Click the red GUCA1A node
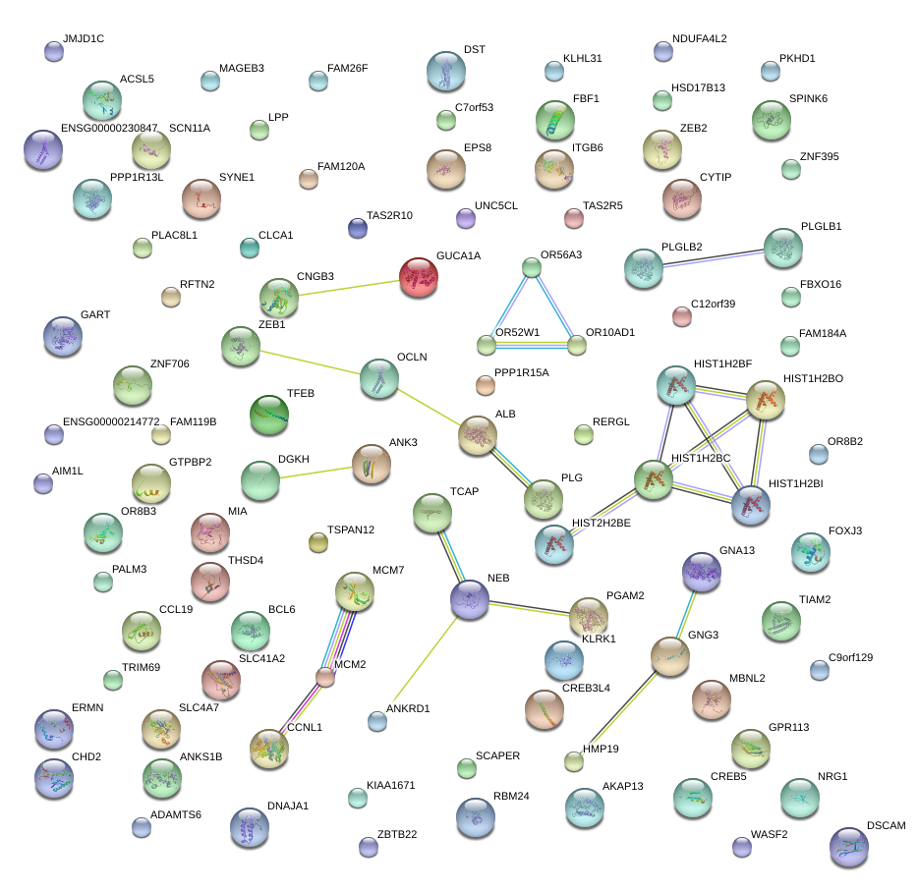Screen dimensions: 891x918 [x=419, y=277]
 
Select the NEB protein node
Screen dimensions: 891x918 [x=470, y=599]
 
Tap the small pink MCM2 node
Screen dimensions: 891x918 [x=325, y=677]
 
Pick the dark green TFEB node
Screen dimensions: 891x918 [x=268, y=415]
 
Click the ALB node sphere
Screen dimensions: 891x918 [x=478, y=435]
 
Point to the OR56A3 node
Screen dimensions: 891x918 [x=532, y=266]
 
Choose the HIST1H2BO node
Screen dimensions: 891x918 [x=766, y=400]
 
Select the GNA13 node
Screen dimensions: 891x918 [x=702, y=572]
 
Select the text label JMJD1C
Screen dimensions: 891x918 [x=83, y=39]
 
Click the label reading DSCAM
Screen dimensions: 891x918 [x=886, y=825]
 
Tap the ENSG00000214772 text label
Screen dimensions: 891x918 [x=110, y=421]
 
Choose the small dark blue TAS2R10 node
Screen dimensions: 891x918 [x=358, y=229]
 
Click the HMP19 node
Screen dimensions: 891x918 [x=574, y=760]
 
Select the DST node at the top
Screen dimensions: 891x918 [x=447, y=71]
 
